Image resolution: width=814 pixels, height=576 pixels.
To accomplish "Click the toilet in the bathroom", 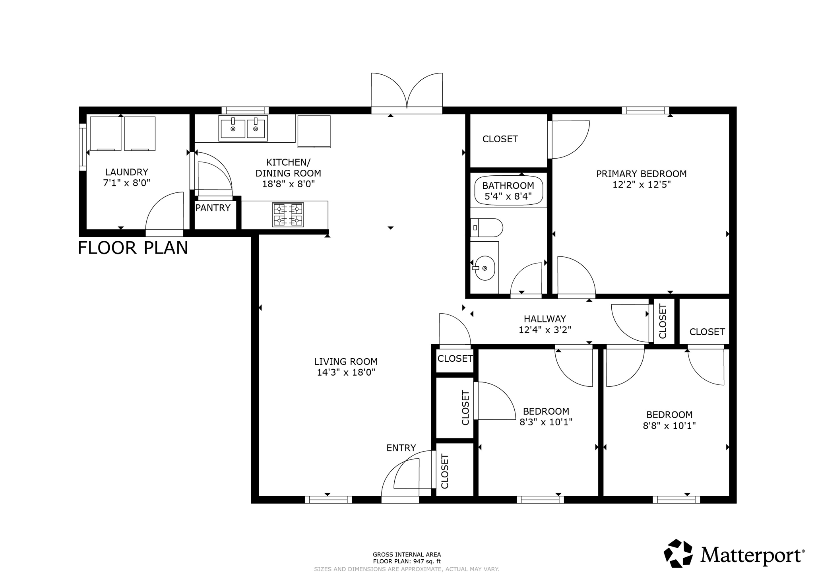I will coord(487,228).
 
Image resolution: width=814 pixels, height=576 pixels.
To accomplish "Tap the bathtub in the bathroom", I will coord(508,190).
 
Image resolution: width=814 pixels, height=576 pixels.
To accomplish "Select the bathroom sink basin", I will coord(485,268).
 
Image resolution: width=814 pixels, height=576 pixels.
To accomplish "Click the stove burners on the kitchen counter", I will coord(288,215).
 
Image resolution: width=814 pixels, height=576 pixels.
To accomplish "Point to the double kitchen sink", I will coord(243,128).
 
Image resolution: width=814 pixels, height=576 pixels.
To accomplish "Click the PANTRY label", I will coord(213,208).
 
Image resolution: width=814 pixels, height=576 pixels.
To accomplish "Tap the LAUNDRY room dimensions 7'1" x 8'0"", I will coord(126,183).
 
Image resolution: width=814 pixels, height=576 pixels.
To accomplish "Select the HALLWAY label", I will coord(545,319).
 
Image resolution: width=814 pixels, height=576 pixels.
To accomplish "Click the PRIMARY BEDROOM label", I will coord(641,174).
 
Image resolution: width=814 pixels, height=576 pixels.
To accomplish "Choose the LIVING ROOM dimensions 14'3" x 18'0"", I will coord(346,372).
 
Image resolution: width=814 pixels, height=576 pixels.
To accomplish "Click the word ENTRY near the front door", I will coord(401,448).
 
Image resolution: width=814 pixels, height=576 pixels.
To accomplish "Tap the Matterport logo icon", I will coord(678,553).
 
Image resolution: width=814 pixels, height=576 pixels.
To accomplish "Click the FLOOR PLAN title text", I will coord(133,248).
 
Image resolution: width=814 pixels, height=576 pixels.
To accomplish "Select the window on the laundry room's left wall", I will coord(83,147).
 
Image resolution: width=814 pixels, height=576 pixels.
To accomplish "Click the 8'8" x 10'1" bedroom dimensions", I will coord(669,426).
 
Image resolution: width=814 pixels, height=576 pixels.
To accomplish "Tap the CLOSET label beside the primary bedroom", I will coord(500,139).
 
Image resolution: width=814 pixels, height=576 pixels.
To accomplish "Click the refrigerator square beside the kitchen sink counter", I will coord(314,132).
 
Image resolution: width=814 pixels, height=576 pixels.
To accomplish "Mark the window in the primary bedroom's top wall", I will coord(645,110).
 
